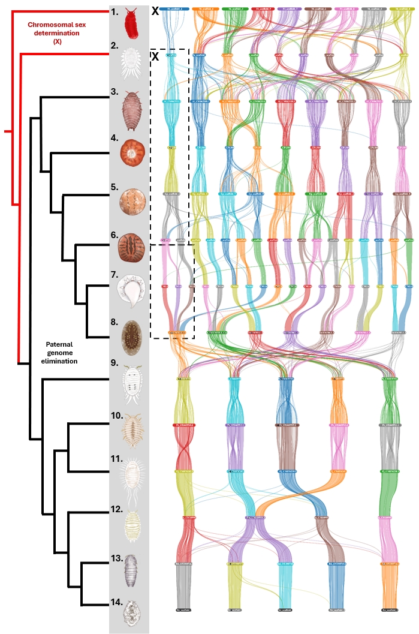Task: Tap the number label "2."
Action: click(x=114, y=45)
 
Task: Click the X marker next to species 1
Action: click(x=156, y=11)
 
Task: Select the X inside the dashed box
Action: click(x=156, y=56)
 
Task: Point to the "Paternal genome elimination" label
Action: click(x=63, y=353)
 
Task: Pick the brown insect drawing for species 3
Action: click(x=130, y=109)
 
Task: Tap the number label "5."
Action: click(x=114, y=187)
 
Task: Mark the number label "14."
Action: click(x=117, y=602)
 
